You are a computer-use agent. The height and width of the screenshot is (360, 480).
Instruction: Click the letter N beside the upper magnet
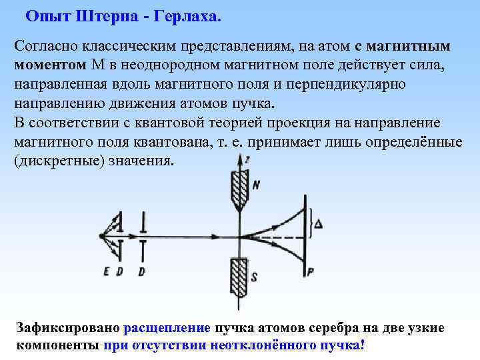(255, 186)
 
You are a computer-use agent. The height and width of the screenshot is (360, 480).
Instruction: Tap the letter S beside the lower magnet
(255, 276)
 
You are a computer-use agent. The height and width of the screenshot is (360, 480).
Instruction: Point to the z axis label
(247, 160)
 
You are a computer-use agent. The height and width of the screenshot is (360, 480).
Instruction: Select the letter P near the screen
(310, 271)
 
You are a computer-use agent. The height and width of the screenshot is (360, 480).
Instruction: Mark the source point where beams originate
(101, 235)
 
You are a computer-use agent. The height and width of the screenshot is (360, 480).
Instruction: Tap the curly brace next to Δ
(311, 225)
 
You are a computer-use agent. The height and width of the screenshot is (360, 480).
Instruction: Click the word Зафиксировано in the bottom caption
(67, 328)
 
